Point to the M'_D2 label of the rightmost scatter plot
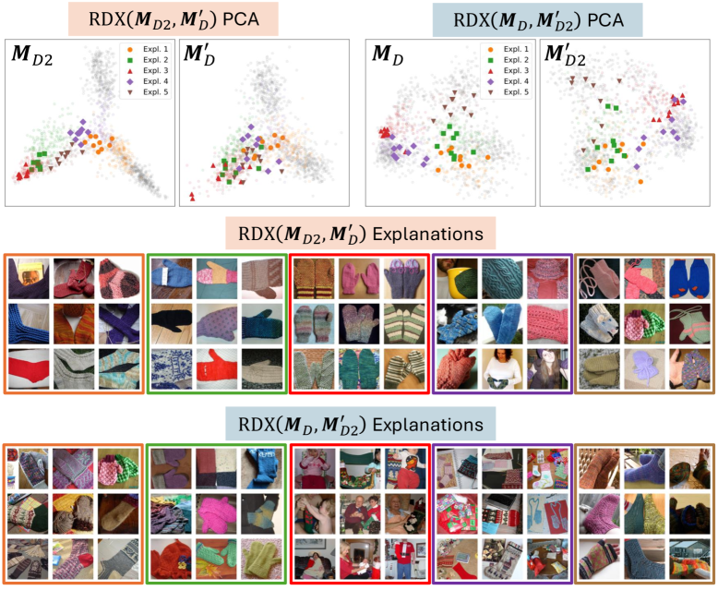click(565, 57)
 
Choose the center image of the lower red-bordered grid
click(361, 513)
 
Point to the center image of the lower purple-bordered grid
click(502, 513)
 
